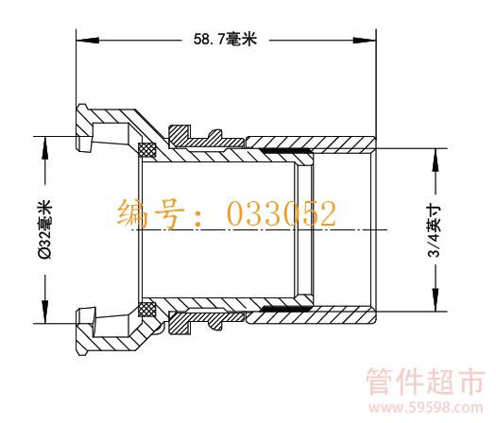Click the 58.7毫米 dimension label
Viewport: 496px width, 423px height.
coord(225,40)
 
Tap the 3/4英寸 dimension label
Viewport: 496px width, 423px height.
coord(434,230)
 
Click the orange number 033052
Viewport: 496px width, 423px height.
coord(282,214)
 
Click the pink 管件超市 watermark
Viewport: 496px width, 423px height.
coord(425,381)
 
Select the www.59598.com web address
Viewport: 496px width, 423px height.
coord(426,408)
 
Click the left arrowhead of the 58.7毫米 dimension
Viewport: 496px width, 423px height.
coord(87,41)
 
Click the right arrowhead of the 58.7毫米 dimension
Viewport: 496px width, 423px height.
coord(365,41)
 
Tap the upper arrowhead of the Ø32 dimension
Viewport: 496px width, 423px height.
coord(45,148)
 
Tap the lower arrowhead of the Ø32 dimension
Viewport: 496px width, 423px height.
coord(45,312)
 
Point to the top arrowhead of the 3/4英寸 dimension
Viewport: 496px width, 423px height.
coord(436,160)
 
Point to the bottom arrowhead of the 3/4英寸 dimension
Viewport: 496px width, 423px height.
coord(436,299)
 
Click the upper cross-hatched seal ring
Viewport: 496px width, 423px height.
coord(147,150)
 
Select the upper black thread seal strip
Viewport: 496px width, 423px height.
coord(285,151)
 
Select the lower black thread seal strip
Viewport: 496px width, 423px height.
coord(285,308)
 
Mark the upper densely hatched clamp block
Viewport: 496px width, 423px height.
coord(180,137)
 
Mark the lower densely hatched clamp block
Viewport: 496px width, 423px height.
coord(180,323)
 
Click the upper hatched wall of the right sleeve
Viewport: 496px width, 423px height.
coord(311,143)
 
